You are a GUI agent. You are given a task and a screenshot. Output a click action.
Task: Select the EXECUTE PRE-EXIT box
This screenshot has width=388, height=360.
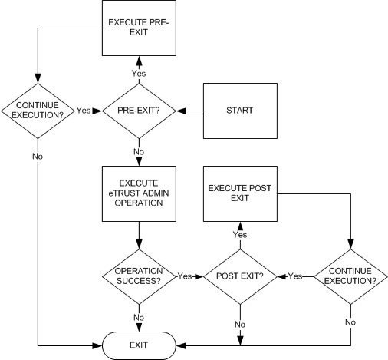pyautogui.click(x=139, y=29)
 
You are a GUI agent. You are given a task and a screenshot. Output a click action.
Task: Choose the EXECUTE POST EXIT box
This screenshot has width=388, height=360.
pyautogui.click(x=240, y=191)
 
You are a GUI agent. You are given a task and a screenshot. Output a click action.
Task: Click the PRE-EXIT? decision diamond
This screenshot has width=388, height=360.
pyautogui.click(x=139, y=110)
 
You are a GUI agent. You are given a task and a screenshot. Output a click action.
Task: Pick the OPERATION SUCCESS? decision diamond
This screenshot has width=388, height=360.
pyautogui.click(x=139, y=276)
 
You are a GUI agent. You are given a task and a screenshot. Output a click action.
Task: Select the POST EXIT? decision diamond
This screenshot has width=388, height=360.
pyautogui.click(x=240, y=276)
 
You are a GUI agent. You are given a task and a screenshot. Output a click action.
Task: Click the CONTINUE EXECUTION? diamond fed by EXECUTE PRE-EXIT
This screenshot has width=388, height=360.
pyautogui.click(x=37, y=110)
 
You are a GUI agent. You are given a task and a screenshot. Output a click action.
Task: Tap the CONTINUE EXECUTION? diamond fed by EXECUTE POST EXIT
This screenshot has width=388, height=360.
pyautogui.click(x=350, y=276)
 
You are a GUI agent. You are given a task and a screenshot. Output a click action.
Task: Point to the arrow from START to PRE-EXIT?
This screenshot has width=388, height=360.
pyautogui.click(x=188, y=110)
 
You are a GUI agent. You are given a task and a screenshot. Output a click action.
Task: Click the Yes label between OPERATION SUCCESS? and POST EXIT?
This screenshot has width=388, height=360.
pyautogui.click(x=185, y=276)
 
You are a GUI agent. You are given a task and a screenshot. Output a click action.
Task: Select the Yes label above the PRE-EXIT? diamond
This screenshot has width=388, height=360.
pyautogui.click(x=139, y=73)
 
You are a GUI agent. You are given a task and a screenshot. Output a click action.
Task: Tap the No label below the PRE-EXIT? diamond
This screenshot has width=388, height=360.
pyautogui.click(x=139, y=151)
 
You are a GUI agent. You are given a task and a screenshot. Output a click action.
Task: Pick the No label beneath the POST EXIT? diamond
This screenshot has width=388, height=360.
pyautogui.click(x=240, y=324)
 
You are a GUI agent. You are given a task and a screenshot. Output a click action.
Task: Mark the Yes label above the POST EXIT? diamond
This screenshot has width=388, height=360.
pyautogui.click(x=240, y=234)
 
